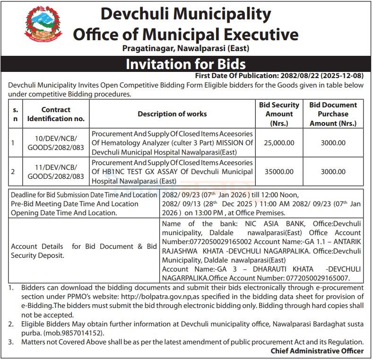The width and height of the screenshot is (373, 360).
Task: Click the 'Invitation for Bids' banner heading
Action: coord(185,64)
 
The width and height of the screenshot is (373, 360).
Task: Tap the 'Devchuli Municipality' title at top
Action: coord(185,14)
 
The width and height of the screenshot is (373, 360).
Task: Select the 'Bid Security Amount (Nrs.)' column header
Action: coord(279,114)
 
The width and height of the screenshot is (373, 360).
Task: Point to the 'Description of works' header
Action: coord(172,114)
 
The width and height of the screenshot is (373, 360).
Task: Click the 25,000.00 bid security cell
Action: coord(279,143)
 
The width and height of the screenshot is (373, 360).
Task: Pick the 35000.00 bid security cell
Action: coord(279,172)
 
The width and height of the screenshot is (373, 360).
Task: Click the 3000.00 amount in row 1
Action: coord(333,143)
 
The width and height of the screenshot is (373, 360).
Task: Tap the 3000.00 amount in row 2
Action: coord(333,172)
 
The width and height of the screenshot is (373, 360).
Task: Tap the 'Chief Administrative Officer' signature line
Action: coord(317,351)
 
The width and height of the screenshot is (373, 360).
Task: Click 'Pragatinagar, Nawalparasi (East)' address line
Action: coord(185,48)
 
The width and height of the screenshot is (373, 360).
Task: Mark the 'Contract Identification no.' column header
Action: coord(56,114)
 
